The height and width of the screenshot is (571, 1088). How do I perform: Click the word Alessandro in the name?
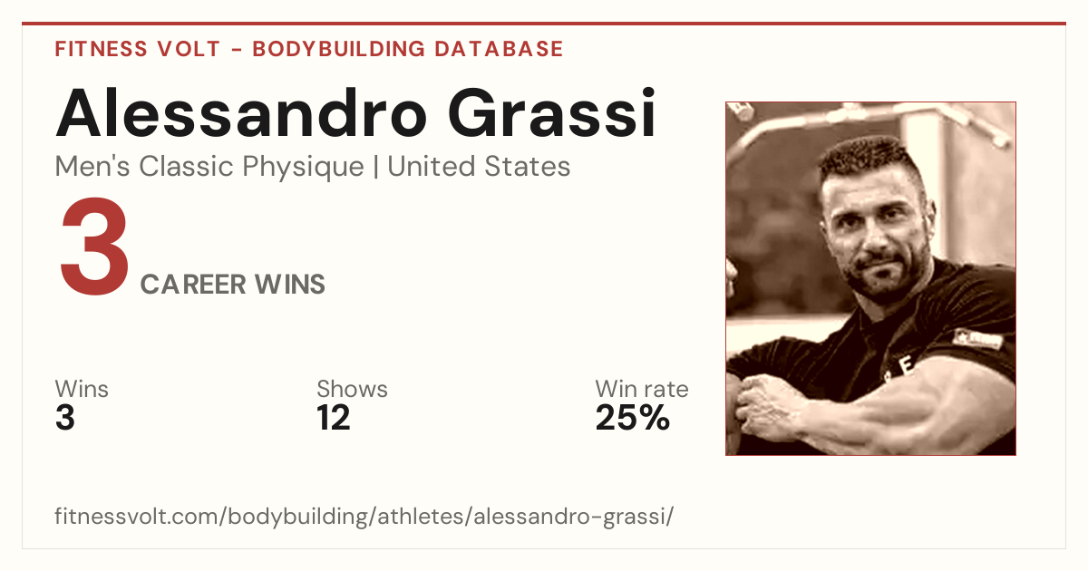241,112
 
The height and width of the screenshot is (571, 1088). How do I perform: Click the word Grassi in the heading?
552,112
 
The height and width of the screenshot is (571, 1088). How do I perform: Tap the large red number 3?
94,246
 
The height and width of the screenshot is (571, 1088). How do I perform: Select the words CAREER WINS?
233,284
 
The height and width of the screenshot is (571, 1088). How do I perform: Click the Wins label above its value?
82,389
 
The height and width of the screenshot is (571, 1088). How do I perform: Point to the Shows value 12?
334,418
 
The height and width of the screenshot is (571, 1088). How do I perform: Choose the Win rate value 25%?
633,418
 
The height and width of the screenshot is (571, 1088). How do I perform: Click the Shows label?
352,389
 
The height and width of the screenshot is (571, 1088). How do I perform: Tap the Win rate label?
642,389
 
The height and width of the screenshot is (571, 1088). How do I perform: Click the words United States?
479,166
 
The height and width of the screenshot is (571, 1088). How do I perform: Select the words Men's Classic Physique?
209,167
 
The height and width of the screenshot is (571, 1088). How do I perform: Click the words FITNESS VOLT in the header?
138,49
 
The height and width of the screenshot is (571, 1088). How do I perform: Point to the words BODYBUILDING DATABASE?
408,49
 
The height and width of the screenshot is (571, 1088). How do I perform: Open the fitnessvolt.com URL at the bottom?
364,516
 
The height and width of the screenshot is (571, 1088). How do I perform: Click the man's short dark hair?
869,155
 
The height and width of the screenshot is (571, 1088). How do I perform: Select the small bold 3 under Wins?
65,418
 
